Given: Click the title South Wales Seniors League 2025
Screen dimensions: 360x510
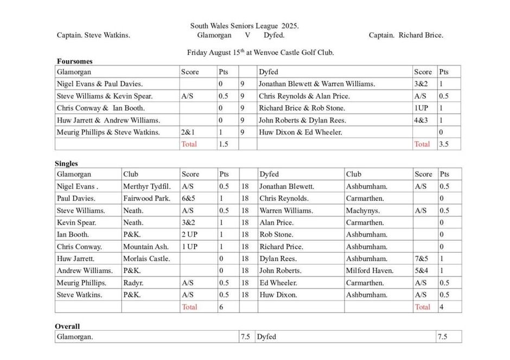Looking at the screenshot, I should (244, 25).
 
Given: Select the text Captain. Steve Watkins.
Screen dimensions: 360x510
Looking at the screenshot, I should (93, 35).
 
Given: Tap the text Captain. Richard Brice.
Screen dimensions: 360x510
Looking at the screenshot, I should (406, 35).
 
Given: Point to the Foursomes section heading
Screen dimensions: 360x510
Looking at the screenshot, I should (74, 61).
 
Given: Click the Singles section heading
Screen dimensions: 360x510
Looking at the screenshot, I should (66, 163).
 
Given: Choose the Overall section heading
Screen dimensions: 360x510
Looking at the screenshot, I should (67, 326).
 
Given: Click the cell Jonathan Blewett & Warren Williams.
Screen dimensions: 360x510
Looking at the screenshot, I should (316, 84).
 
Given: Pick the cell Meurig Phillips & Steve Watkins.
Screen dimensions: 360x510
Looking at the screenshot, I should (109, 132).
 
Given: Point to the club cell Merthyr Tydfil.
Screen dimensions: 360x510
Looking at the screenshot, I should (146, 187).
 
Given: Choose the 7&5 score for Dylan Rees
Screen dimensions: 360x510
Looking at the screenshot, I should (422, 259).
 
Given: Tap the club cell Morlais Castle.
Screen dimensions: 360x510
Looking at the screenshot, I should (146, 259).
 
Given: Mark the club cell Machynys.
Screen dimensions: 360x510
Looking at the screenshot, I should (363, 210).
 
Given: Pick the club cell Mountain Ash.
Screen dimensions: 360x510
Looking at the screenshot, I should (146, 247).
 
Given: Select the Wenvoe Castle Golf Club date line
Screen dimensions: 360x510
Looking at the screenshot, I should (260, 53).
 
